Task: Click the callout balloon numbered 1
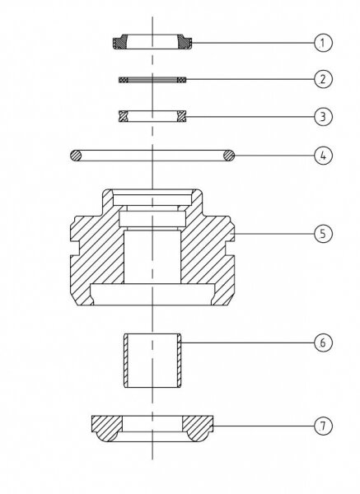(x=323, y=43)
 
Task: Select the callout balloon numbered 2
(x=323, y=79)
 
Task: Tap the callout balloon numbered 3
(x=323, y=117)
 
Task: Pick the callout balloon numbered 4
(x=323, y=156)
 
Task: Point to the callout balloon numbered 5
(x=323, y=234)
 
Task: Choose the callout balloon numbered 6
(x=323, y=343)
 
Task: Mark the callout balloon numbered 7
(x=323, y=426)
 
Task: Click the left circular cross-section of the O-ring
(x=76, y=156)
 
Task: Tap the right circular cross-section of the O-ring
(x=229, y=156)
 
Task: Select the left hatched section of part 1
(x=120, y=42)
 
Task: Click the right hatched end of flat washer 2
(x=181, y=80)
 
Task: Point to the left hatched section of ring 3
(x=124, y=116)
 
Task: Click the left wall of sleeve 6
(x=126, y=361)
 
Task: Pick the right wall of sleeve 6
(x=179, y=361)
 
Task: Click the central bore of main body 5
(x=152, y=257)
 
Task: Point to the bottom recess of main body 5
(x=152, y=295)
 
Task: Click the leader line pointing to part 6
(x=248, y=343)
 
